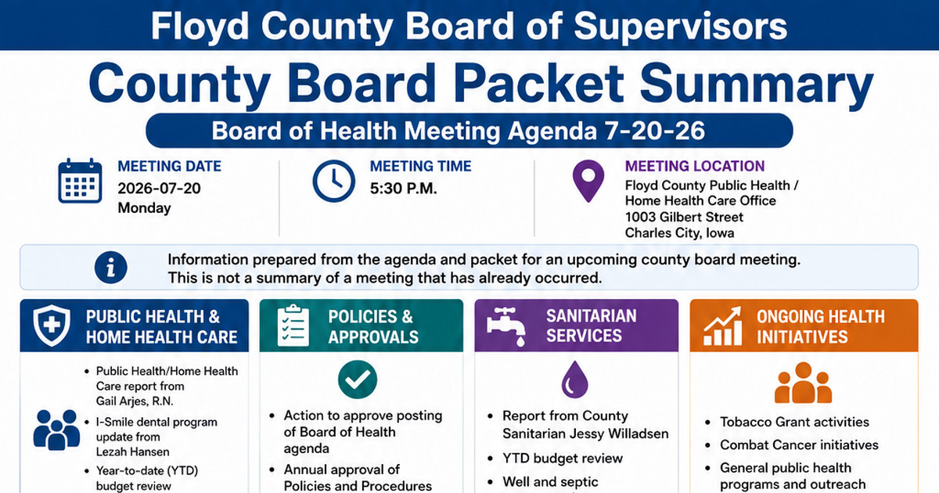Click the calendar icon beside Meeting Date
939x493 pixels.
pos(80,181)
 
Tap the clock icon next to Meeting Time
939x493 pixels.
pos(333,181)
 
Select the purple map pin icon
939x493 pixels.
pos(588,181)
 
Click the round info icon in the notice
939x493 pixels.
pos(110,268)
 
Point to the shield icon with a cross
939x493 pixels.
pos(52,326)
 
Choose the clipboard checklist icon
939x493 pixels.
pos(293,326)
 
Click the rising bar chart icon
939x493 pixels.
pos(722,326)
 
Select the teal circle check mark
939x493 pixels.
pos(358,380)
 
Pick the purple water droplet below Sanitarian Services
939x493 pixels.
pos(574,380)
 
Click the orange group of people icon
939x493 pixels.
pos(803,383)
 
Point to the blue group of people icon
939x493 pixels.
pos(56,430)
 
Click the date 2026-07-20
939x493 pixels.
pos(160,189)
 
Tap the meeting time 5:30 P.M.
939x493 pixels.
pos(403,189)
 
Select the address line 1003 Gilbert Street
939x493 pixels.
pos(684,217)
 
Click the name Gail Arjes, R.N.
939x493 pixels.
pos(135,401)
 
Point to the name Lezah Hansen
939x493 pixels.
pos(133,452)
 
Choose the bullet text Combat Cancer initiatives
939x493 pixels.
pos(799,444)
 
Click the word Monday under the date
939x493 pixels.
pos(144,208)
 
